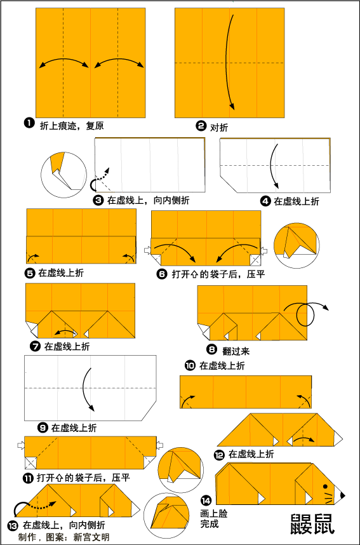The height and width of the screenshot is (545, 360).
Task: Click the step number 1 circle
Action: point(29,123)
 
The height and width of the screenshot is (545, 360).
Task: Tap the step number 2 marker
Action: point(201,126)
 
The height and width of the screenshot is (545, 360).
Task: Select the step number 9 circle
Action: point(43,427)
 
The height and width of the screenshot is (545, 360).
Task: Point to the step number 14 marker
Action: point(206,501)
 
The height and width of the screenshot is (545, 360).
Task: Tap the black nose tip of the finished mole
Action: point(343,495)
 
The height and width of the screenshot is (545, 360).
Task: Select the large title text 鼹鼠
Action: point(312,523)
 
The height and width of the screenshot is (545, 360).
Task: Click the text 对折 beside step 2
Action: point(219,128)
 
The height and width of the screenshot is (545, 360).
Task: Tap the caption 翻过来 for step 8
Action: point(236,351)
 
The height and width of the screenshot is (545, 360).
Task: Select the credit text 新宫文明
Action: point(91,537)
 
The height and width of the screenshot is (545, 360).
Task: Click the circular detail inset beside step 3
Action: point(63,175)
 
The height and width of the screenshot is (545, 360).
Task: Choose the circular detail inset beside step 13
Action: point(166,515)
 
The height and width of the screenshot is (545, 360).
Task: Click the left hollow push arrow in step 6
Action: point(147,250)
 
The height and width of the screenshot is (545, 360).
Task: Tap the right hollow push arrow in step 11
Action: point(160,445)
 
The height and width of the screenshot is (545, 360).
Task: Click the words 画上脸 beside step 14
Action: point(214,514)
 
